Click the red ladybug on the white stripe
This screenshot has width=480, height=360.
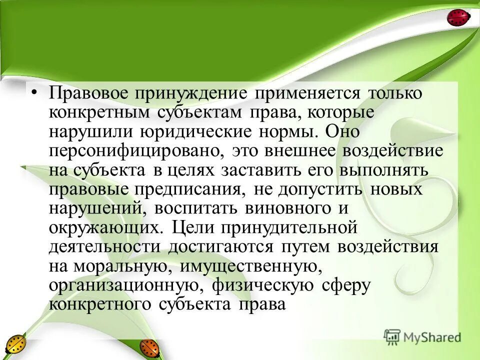[458, 18]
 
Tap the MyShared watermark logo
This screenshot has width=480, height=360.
[422, 336]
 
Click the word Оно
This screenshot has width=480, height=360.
[342, 132]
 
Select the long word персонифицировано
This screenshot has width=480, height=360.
[132, 151]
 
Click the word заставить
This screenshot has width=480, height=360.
[257, 170]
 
